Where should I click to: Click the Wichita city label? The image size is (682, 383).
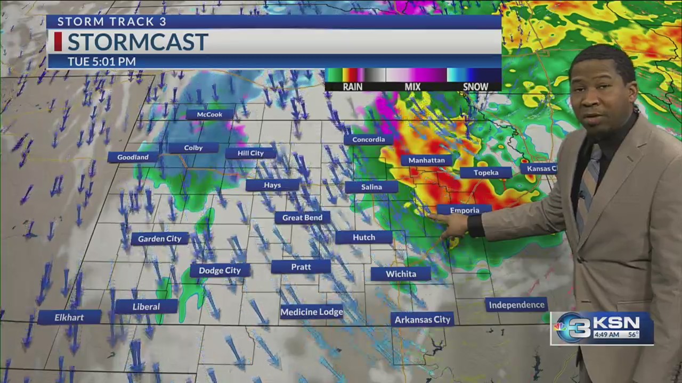pos(401,274)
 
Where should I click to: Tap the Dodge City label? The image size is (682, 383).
pos(220,270)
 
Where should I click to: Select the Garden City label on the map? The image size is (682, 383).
pos(160,239)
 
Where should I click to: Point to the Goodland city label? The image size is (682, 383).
pos(133,157)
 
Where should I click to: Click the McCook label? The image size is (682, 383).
pos(209,114)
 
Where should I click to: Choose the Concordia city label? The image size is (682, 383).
pos(368,140)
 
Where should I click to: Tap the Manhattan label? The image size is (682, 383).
pos(426,160)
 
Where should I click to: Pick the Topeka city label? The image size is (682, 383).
pos(485,172)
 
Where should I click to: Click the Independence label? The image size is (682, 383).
pos(516,305)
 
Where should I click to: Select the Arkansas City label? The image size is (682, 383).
pos(423,319)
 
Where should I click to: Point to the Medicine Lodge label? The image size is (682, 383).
pos(312,312)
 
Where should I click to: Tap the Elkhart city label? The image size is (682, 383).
pos(69,318)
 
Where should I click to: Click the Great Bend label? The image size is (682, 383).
pos(302,218)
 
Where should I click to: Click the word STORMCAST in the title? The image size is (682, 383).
pos(137,42)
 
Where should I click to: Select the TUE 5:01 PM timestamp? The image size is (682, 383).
pos(101,62)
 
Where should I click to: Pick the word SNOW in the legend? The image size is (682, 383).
pos(475,87)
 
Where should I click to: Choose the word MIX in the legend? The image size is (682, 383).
pos(412,87)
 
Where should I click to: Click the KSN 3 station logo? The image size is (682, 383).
pos(602,329)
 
